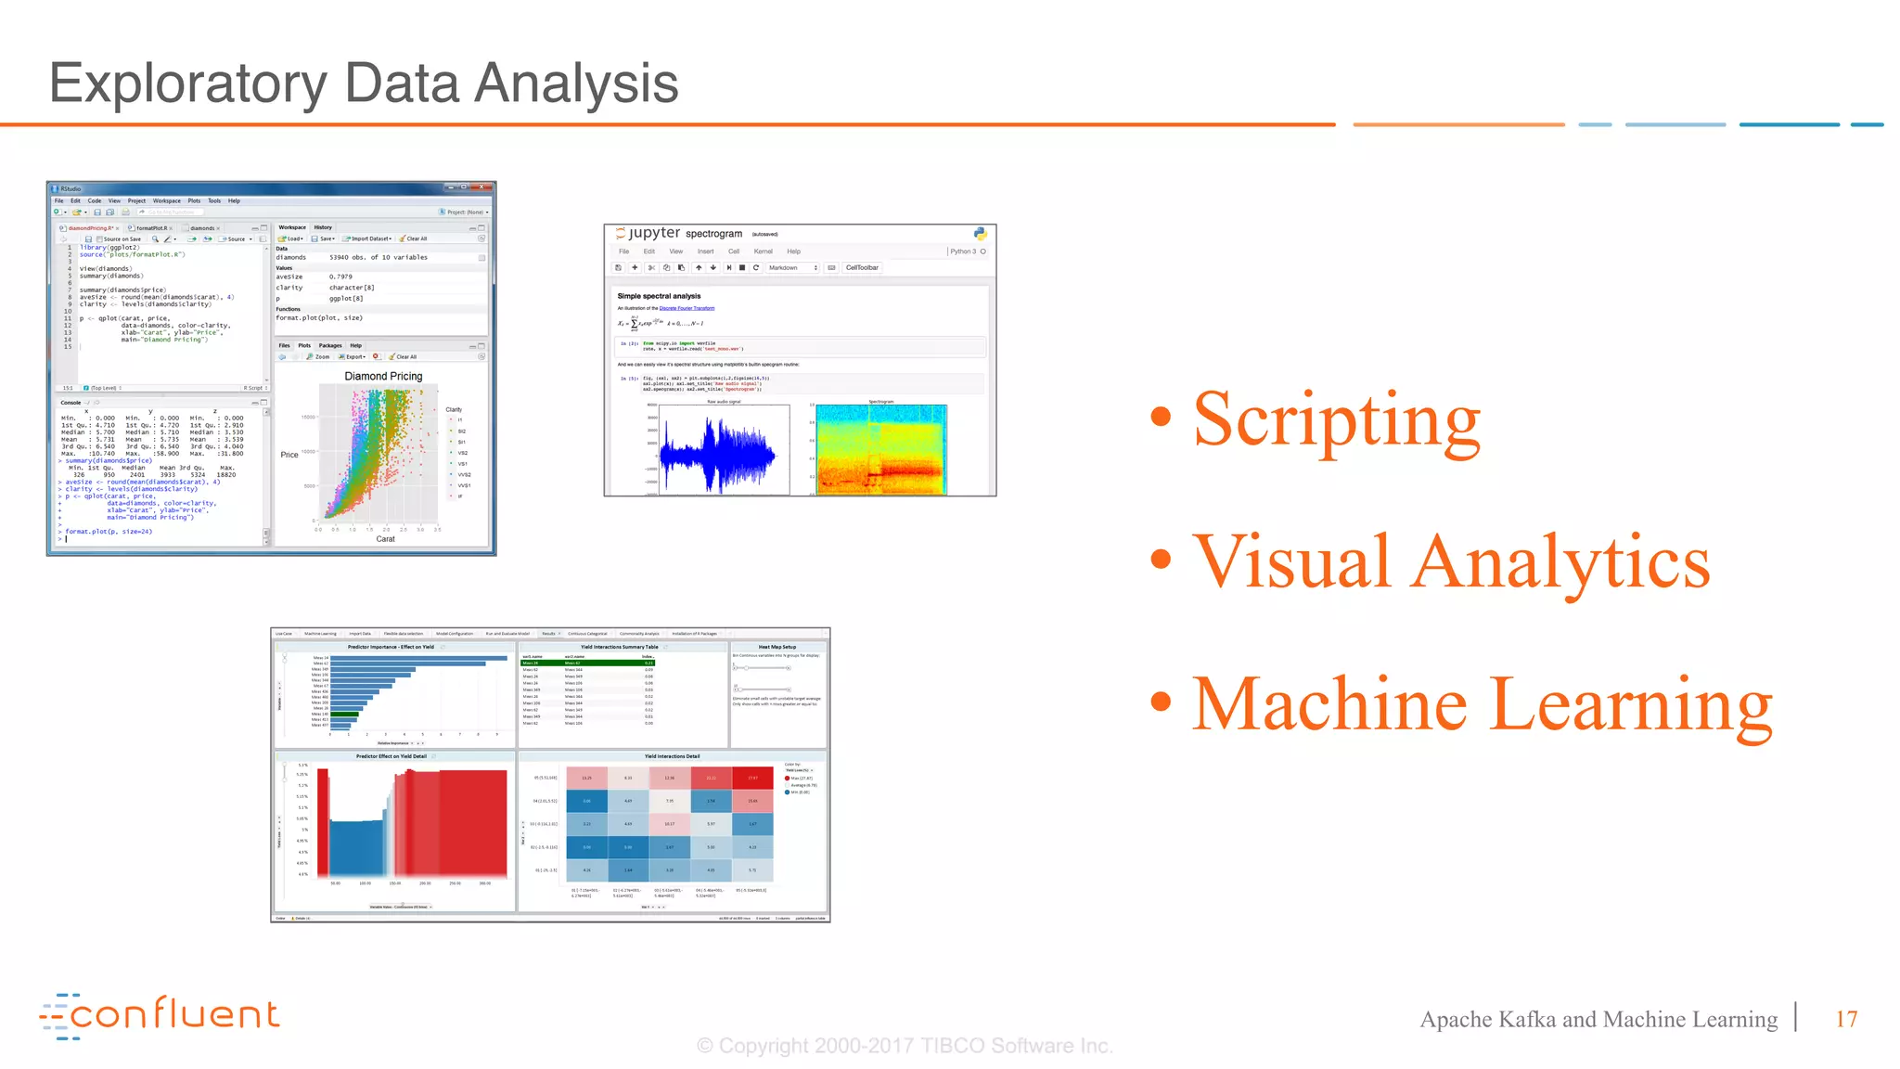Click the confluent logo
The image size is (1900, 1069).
pyautogui.click(x=160, y=1015)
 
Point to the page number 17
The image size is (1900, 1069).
pyautogui.click(x=1846, y=1019)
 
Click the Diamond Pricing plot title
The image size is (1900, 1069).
pyautogui.click(x=383, y=377)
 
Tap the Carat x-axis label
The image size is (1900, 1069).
pyautogui.click(x=385, y=539)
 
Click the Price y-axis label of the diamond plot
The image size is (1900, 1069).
pyautogui.click(x=289, y=455)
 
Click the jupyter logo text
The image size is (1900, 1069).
pyautogui.click(x=654, y=233)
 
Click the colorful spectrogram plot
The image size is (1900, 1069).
pyautogui.click(x=880, y=450)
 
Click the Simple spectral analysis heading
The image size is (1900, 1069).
pyautogui.click(x=659, y=296)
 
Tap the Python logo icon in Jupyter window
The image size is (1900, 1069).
pyautogui.click(x=980, y=234)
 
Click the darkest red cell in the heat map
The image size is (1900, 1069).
pyautogui.click(x=752, y=778)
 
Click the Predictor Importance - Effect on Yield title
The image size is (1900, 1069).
pyautogui.click(x=391, y=647)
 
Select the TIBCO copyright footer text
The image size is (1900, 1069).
pyautogui.click(x=905, y=1046)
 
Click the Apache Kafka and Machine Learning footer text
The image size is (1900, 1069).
pyautogui.click(x=1598, y=1019)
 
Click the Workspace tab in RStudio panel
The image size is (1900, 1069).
pyautogui.click(x=292, y=227)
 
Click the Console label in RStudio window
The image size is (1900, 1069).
pyautogui.click(x=71, y=403)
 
